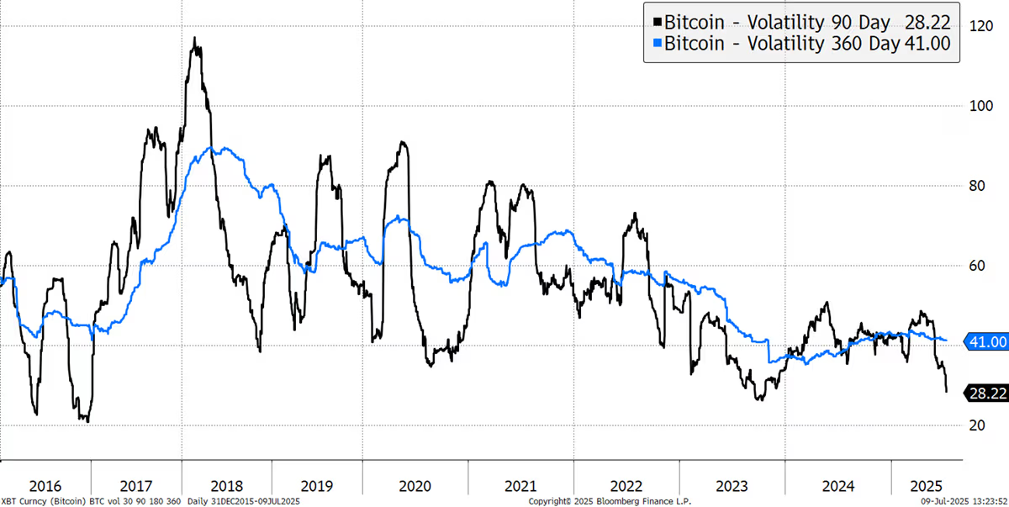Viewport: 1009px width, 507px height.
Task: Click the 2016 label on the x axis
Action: tap(45, 486)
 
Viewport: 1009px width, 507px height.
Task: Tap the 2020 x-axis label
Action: tap(415, 486)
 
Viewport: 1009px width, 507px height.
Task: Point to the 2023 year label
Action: tap(732, 486)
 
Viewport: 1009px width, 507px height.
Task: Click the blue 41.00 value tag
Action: tap(984, 341)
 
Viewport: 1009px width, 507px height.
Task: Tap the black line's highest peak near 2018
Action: tap(194, 38)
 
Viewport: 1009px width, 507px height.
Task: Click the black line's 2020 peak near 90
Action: tap(404, 142)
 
